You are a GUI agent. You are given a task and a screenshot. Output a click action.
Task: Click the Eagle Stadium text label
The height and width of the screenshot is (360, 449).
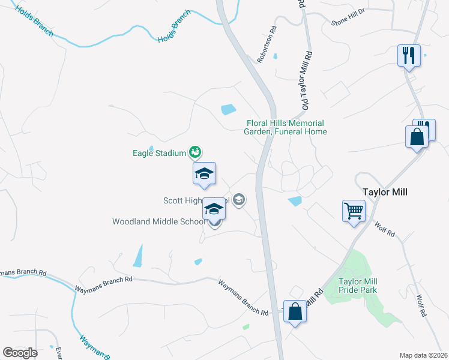pyautogui.click(x=159, y=153)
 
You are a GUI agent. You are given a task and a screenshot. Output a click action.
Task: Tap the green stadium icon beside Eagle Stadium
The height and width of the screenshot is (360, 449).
pyautogui.click(x=194, y=152)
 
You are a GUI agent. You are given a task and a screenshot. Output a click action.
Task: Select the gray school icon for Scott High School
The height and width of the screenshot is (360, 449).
pyautogui.click(x=239, y=200)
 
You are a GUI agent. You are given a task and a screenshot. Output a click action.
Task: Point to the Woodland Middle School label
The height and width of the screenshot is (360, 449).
pyautogui.click(x=159, y=221)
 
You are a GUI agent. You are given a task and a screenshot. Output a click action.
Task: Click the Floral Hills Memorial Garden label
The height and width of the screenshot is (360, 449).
pyautogui.click(x=286, y=127)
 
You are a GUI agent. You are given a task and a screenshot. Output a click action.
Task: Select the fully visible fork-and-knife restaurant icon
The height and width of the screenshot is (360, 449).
pyautogui.click(x=409, y=56)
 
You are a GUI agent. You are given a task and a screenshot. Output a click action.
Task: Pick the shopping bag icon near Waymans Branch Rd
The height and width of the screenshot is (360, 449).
pyautogui.click(x=294, y=311)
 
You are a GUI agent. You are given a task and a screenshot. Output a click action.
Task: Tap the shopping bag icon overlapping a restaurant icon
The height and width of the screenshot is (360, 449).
pyautogui.click(x=417, y=137)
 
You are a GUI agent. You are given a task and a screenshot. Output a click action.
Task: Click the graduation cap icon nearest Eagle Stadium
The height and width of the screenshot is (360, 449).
pyautogui.click(x=204, y=173)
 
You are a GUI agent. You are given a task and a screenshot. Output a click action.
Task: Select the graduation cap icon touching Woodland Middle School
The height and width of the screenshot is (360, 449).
pyautogui.click(x=214, y=209)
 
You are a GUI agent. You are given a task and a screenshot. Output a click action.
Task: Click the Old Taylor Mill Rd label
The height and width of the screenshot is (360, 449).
pyautogui.click(x=306, y=82)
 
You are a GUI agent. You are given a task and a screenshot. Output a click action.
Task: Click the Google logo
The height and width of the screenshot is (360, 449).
pyautogui.click(x=20, y=352)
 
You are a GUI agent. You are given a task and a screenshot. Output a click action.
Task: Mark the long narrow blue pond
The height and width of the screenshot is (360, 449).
pyautogui.click(x=138, y=256)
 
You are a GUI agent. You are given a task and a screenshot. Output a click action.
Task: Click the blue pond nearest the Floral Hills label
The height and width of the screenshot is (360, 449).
pyautogui.click(x=228, y=110)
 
